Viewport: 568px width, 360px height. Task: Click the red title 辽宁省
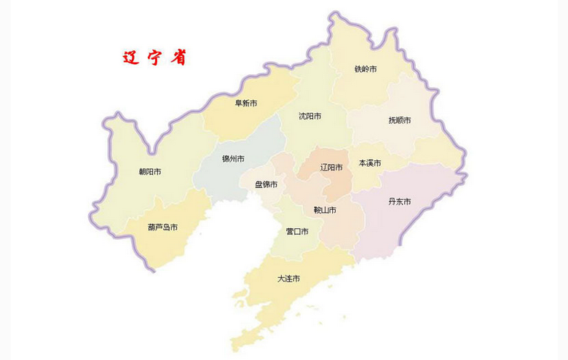153,58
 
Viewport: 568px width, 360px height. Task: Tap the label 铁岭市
366,69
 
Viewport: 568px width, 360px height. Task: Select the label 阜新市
245,103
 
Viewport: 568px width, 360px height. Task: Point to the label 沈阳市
309,116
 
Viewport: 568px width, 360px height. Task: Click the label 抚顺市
399,120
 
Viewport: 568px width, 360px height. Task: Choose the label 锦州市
233,158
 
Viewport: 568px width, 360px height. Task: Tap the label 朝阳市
149,172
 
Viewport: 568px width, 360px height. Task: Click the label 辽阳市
331,167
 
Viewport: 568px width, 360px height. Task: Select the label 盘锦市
266,184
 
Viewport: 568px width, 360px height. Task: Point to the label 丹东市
400,201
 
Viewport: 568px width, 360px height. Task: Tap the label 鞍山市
325,210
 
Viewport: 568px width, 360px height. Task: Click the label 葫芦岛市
162,227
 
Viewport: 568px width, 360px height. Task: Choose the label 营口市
296,232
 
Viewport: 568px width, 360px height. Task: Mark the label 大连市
288,279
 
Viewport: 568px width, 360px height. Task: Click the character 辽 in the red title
131,58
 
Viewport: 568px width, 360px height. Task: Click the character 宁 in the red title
154,58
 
